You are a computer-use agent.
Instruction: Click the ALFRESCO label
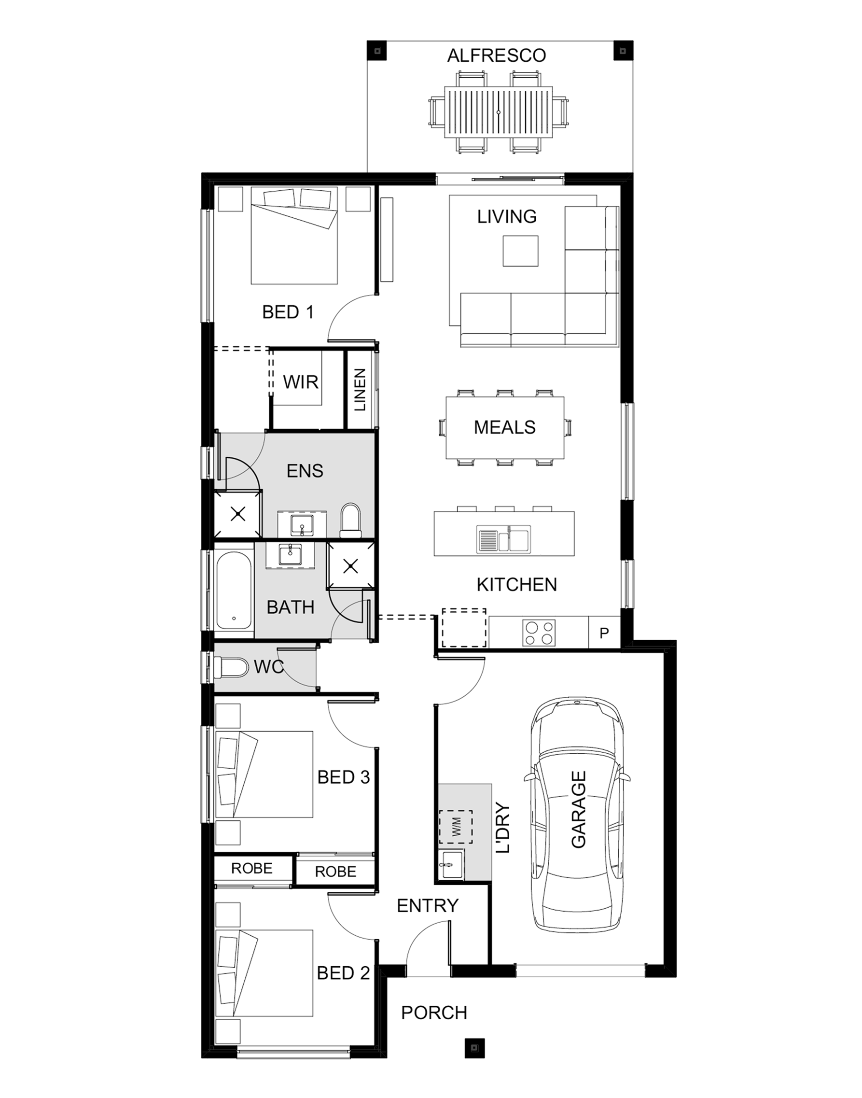pyautogui.click(x=497, y=56)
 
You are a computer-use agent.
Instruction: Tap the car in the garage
pyautogui.click(x=577, y=814)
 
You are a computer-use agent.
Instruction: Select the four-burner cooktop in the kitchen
pyautogui.click(x=539, y=632)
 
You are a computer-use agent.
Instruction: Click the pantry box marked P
pyautogui.click(x=604, y=633)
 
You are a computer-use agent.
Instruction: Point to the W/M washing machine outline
pyautogui.click(x=456, y=827)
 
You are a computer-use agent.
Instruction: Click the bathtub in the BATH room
pyautogui.click(x=234, y=591)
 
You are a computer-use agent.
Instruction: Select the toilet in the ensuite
pyautogui.click(x=351, y=520)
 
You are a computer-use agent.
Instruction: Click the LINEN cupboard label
pyautogui.click(x=360, y=390)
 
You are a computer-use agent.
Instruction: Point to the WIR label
pyautogui.click(x=301, y=382)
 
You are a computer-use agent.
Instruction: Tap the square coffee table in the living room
pyautogui.click(x=520, y=251)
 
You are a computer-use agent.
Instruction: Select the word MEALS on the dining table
pyautogui.click(x=505, y=428)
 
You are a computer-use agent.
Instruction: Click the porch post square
pyautogui.click(x=474, y=1047)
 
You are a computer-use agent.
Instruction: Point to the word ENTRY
pyautogui.click(x=428, y=906)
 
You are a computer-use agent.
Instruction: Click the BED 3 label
pyautogui.click(x=344, y=777)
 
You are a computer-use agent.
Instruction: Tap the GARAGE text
pyautogui.click(x=578, y=809)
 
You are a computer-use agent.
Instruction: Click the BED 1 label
pyautogui.click(x=288, y=312)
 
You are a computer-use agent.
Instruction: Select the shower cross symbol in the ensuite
pyautogui.click(x=238, y=514)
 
